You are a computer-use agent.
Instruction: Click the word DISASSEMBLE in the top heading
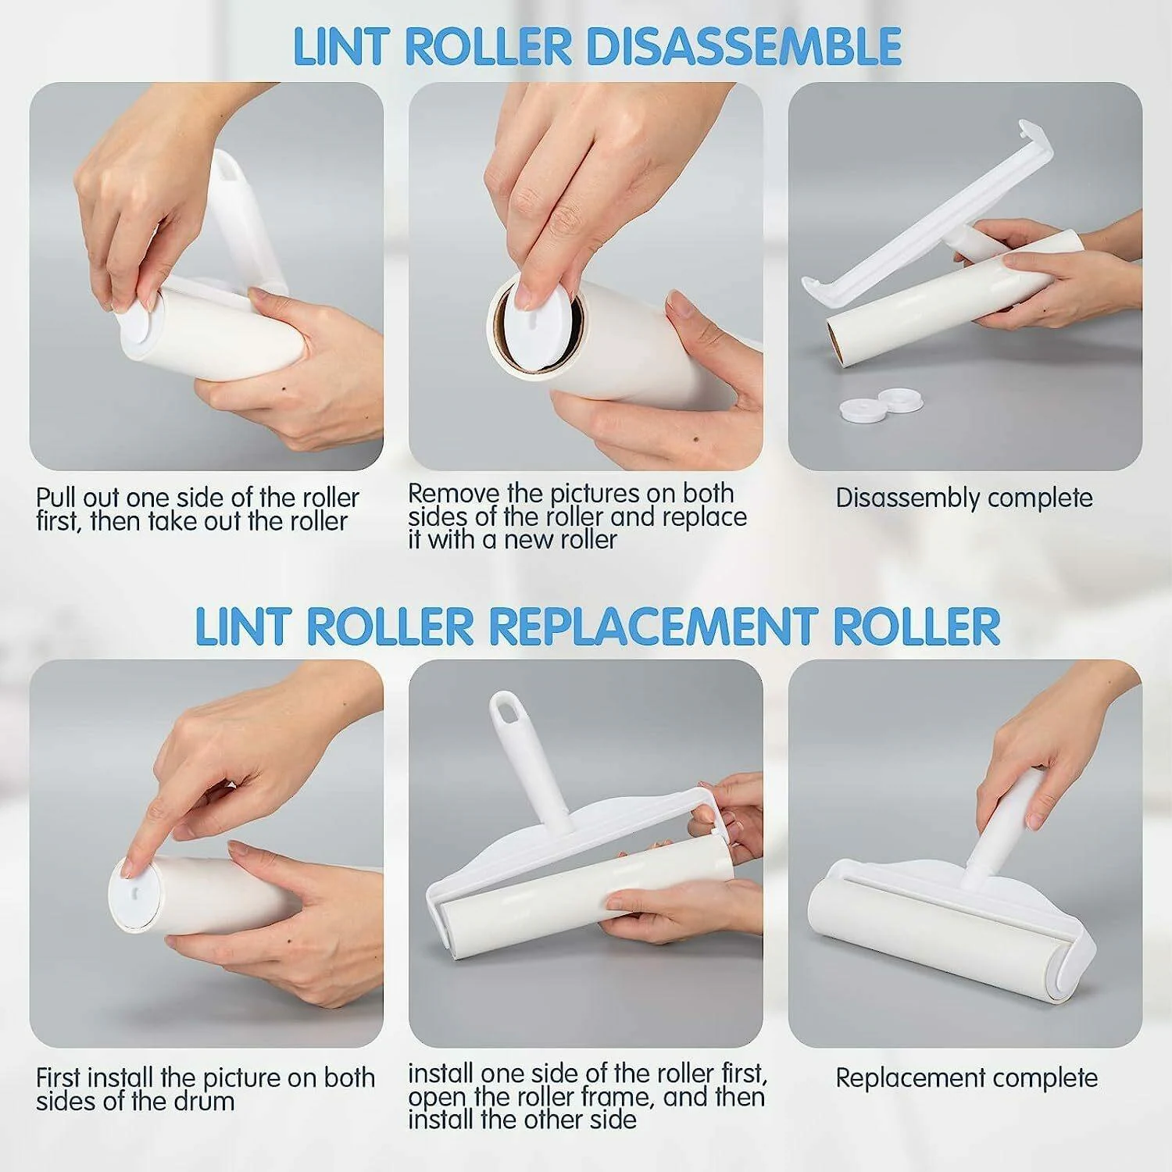point(744,46)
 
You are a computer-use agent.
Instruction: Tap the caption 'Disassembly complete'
point(964,498)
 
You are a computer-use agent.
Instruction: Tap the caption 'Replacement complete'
point(967,1078)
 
